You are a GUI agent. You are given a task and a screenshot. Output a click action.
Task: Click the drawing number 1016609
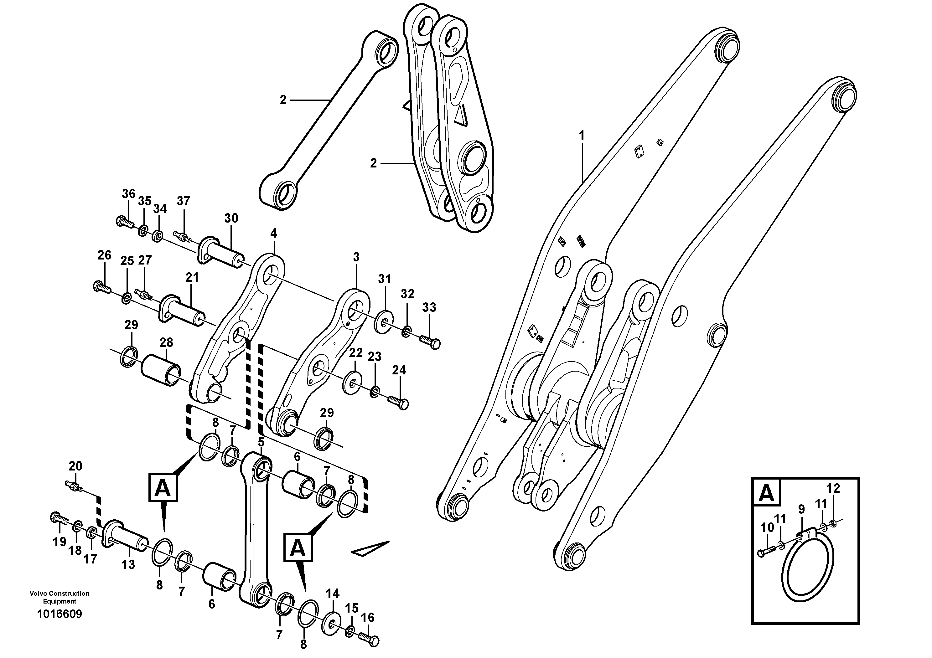tap(59, 614)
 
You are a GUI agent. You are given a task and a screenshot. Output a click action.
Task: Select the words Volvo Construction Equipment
tap(59, 597)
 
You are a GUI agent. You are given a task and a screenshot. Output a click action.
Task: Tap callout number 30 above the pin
tap(231, 218)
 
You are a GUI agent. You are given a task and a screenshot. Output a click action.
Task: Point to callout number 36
tap(129, 194)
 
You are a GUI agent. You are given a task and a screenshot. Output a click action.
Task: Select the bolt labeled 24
tap(399, 403)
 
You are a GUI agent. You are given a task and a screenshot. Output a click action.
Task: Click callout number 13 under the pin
tap(128, 564)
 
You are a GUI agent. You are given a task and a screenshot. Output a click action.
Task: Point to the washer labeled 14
tap(331, 624)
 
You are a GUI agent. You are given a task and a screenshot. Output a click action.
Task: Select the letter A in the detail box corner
tap(766, 493)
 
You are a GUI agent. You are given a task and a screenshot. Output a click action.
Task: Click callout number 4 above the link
tap(274, 233)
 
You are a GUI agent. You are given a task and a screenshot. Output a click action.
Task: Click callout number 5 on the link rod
tap(261, 441)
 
